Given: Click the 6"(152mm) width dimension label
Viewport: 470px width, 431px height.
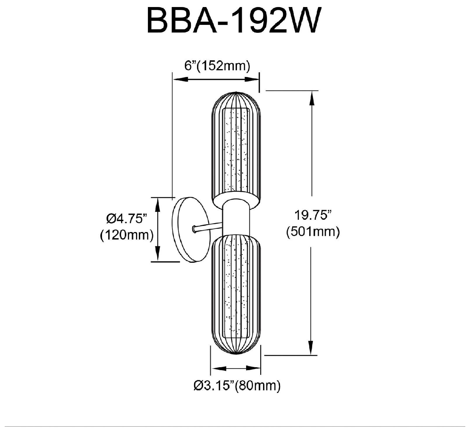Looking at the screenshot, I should coord(217,66).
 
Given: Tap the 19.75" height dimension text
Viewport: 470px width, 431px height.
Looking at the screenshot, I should coord(314,216).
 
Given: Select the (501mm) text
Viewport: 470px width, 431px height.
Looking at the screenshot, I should coord(313,232).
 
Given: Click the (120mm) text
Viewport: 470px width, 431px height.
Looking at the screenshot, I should coord(127,235).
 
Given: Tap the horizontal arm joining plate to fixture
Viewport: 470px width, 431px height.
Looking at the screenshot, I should coord(208,227).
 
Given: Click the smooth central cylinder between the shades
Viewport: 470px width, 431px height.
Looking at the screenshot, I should coord(236,217).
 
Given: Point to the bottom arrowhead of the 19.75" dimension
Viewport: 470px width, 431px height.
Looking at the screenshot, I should coord(312,349).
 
